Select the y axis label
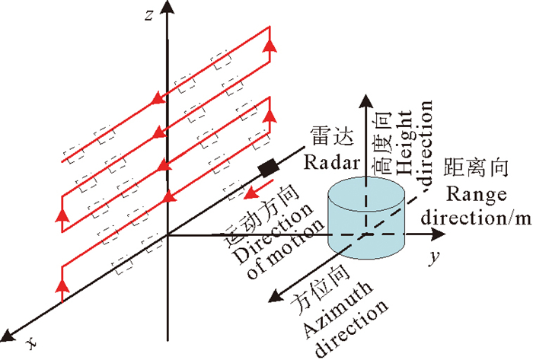[433, 257]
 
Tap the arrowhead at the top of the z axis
[166, 8]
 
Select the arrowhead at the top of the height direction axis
[366, 100]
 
